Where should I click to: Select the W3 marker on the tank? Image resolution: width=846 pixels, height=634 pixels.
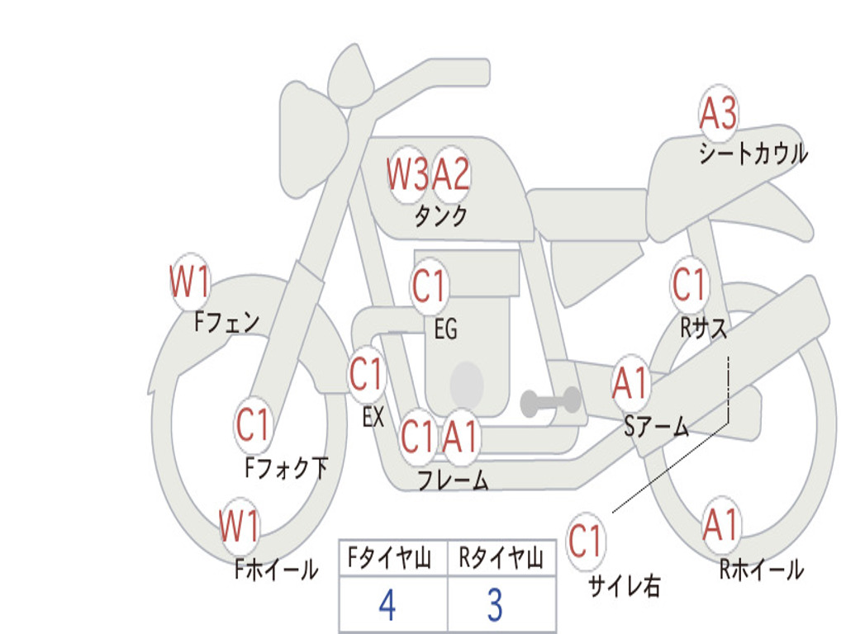407,175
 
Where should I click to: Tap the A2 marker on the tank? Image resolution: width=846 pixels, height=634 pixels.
451,175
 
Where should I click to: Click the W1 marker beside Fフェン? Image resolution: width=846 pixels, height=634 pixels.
189,282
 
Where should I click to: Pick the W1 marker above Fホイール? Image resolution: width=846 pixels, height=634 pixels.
240,526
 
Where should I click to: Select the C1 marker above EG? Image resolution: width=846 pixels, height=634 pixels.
429,286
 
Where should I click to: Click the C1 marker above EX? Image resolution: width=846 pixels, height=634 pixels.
367,374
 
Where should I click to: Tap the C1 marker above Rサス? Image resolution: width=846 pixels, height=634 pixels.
690,284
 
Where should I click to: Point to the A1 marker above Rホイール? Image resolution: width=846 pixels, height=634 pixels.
720,525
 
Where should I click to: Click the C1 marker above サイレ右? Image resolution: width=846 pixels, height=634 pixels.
585,541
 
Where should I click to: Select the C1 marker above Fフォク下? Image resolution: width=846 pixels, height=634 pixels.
253,425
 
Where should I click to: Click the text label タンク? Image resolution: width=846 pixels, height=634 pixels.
441,216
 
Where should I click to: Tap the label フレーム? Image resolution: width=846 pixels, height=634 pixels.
454,480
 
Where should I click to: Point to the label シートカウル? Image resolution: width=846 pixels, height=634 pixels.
753,153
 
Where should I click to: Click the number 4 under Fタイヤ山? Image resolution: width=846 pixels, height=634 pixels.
387,605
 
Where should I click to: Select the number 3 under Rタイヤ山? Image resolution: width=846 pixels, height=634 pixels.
496,605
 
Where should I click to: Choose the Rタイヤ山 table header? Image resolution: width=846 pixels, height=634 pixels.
501,558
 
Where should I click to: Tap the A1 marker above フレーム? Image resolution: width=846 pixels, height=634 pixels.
461,437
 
